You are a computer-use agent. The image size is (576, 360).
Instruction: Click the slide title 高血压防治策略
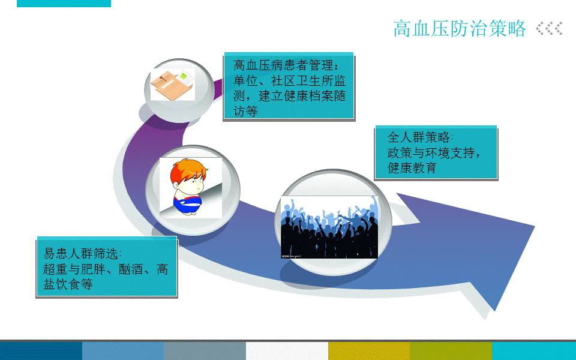click(x=460, y=28)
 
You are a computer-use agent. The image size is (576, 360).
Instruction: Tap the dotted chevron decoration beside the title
click(x=549, y=28)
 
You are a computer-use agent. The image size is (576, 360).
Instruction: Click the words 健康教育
click(x=412, y=168)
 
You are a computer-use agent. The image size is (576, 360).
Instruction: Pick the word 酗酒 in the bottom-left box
click(x=130, y=269)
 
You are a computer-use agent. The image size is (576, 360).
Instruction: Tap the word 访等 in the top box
click(x=245, y=112)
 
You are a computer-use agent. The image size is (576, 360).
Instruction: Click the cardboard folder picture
click(x=172, y=85)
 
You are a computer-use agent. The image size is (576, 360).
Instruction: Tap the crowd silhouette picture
click(x=329, y=227)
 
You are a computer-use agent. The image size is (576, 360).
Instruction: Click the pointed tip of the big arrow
click(x=534, y=226)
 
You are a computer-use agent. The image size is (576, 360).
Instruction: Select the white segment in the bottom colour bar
click(x=287, y=351)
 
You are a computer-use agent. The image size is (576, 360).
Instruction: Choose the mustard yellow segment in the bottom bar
click(x=369, y=351)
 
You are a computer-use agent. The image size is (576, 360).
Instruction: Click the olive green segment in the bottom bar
click(x=451, y=351)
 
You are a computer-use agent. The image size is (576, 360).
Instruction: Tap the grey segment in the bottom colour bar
click(x=205, y=351)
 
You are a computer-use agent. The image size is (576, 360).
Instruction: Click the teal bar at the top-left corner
click(x=64, y=4)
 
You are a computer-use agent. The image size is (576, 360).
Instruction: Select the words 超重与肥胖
click(x=74, y=269)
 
